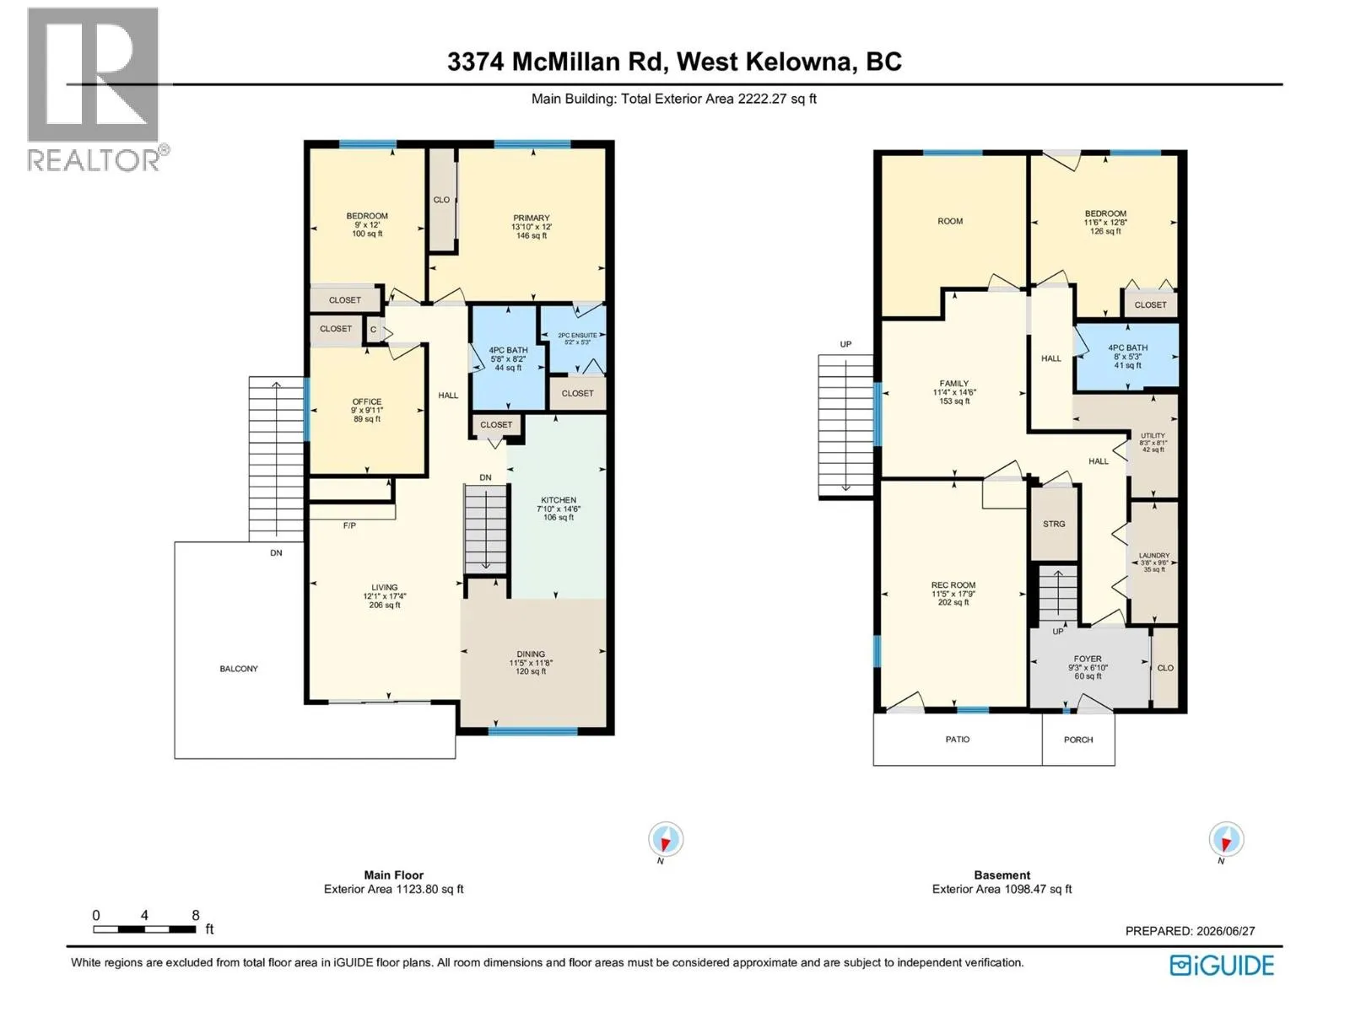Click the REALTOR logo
tap(97, 89)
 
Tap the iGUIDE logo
tap(1221, 966)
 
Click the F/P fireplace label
tap(348, 525)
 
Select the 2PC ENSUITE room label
tap(577, 335)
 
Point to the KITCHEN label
tap(558, 500)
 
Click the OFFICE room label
tap(366, 401)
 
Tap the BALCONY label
tap(239, 669)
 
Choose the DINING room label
tap(530, 654)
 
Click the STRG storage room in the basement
tap(1054, 524)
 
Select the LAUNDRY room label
tap(1153, 556)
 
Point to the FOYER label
tap(1088, 659)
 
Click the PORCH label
tap(1078, 740)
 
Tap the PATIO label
tap(957, 740)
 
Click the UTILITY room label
tap(1153, 436)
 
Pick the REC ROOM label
tap(953, 585)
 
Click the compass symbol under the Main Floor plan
tap(665, 839)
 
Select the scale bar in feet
tap(144, 929)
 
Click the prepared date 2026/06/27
tap(1220, 931)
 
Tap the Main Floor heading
tap(394, 875)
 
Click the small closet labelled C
tap(373, 330)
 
